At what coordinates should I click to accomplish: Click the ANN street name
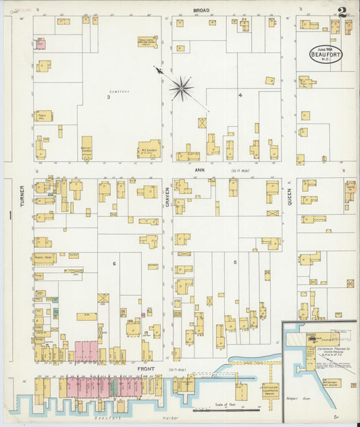click(x=200, y=170)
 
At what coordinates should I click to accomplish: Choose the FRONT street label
click(x=145, y=369)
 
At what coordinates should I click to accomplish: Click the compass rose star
click(x=182, y=87)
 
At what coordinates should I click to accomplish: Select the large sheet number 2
click(x=344, y=12)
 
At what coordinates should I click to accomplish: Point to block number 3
click(x=107, y=97)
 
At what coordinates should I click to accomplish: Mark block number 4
click(x=240, y=95)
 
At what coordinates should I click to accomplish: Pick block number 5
click(x=235, y=261)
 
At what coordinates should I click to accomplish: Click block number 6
click(x=115, y=263)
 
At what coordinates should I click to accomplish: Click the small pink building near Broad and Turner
click(x=40, y=44)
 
